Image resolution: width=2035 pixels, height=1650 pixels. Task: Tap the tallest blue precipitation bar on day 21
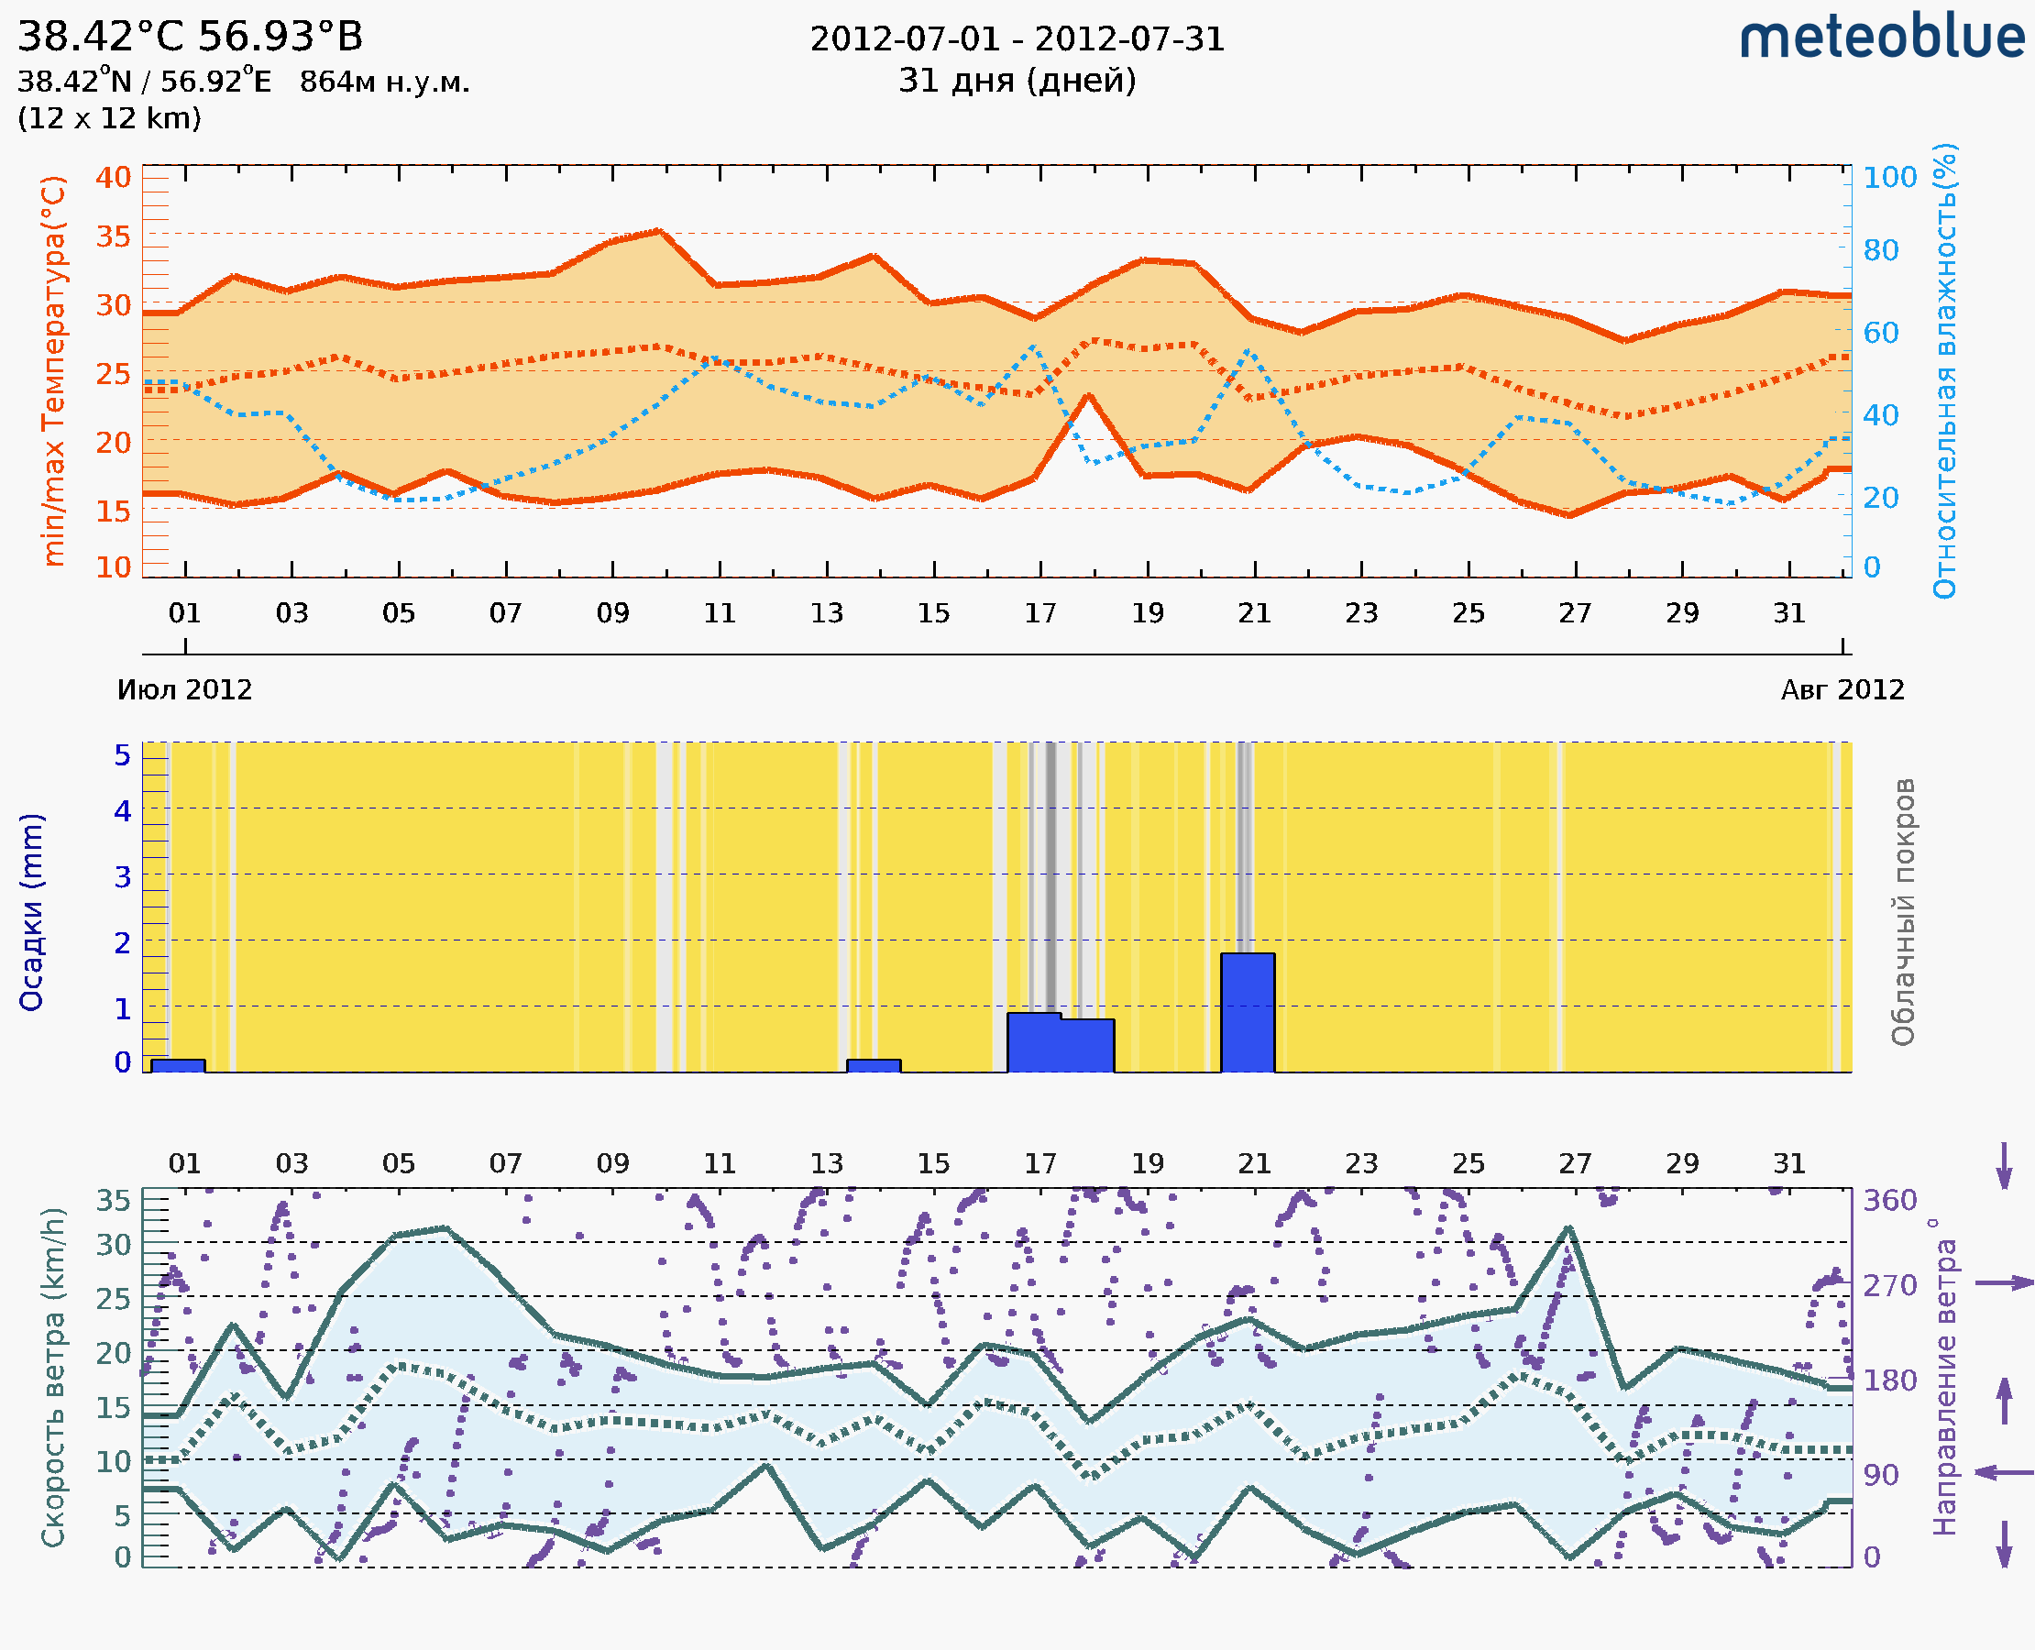[x=1247, y=1012]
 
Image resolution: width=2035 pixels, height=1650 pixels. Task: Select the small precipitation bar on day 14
[x=874, y=1065]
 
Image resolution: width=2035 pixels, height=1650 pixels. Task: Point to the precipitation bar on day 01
[x=178, y=1065]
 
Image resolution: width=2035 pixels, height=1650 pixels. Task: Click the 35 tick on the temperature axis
[x=113, y=236]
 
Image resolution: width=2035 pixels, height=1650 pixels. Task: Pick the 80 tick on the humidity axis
[x=1880, y=251]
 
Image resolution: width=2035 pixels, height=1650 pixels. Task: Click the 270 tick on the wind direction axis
[x=1889, y=1285]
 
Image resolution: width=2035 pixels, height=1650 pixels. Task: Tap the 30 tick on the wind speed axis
[x=113, y=1244]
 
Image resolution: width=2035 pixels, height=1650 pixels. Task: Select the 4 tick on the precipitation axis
[x=123, y=810]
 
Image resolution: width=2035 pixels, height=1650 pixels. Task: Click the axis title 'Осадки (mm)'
[x=31, y=912]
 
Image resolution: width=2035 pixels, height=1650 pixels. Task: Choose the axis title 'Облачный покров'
[x=1903, y=912]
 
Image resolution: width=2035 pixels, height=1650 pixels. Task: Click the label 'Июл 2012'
[x=184, y=690]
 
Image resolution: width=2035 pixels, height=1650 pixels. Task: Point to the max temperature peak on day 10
[x=659, y=231]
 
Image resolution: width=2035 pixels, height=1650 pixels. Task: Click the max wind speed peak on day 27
[x=1569, y=1228]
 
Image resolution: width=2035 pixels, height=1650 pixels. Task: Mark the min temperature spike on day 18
[x=1088, y=395]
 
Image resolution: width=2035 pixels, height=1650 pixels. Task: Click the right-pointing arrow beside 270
[x=2005, y=1283]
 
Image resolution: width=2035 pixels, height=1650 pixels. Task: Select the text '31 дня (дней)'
[x=1017, y=81]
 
